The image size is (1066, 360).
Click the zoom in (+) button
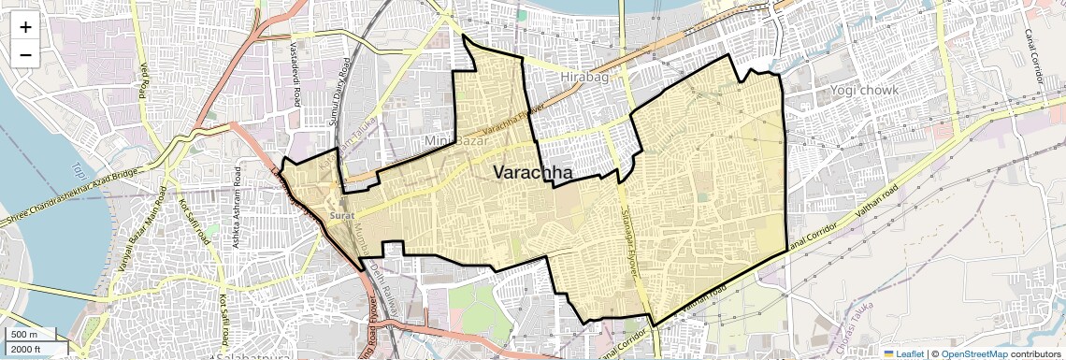[25, 27]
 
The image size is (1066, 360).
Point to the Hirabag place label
[583, 78]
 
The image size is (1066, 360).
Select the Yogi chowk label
[863, 91]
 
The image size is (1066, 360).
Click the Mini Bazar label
[456, 140]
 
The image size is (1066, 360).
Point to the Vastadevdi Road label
[295, 73]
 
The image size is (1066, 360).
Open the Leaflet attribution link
[902, 353]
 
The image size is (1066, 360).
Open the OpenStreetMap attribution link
[973, 353]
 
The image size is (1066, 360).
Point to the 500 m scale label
[24, 335]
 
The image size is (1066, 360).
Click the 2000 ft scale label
[26, 350]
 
